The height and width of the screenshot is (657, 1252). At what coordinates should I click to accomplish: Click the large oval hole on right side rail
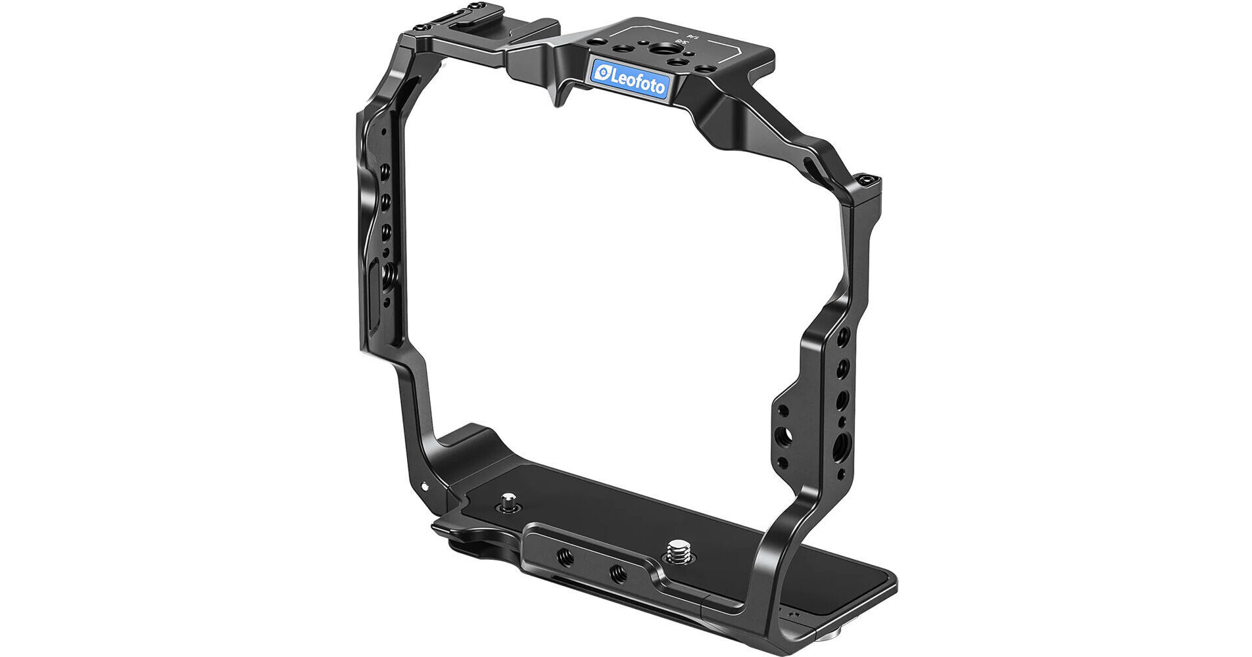click(x=840, y=452)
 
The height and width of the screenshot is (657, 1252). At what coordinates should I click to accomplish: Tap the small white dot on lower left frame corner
click(x=424, y=487)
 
